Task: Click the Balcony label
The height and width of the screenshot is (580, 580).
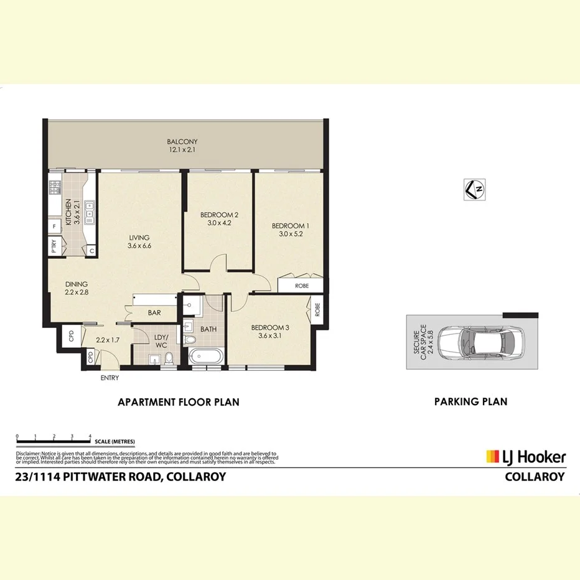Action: click(182, 141)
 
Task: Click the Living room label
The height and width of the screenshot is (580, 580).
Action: click(140, 237)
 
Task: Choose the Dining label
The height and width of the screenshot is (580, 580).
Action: click(76, 284)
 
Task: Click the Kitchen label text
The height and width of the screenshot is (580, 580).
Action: click(69, 212)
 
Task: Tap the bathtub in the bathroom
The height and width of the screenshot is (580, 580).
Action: click(205, 358)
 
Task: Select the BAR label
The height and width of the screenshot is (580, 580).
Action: click(155, 314)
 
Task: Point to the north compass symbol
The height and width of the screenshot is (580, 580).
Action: click(475, 189)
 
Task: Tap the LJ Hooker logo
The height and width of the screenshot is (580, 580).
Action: click(526, 457)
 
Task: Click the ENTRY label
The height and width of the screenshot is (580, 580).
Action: click(110, 378)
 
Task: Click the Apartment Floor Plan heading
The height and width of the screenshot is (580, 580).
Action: click(179, 402)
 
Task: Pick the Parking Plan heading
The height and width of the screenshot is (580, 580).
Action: click(470, 402)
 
